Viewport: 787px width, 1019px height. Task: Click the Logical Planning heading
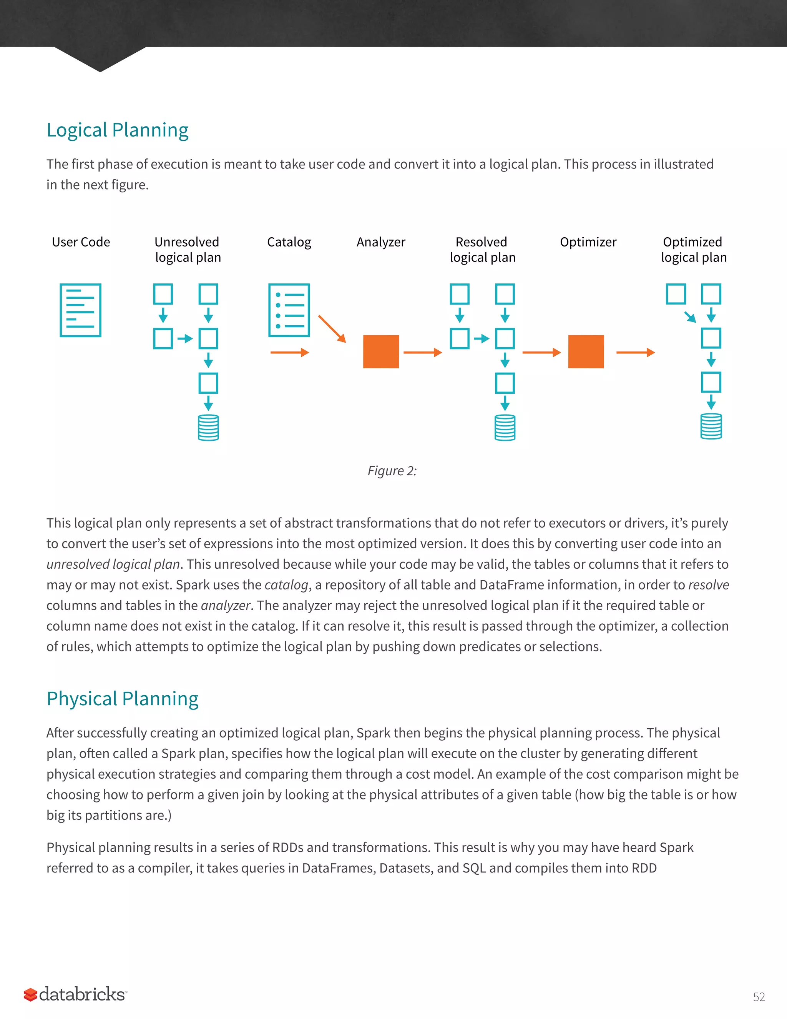118,130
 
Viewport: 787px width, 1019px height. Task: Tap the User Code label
81,242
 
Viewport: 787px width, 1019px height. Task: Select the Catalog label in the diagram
289,242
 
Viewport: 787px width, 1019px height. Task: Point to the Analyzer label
381,242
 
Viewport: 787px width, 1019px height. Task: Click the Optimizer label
588,242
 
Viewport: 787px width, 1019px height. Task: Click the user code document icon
81,310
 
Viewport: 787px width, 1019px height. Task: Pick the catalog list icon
289,310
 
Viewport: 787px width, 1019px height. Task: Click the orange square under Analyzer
381,352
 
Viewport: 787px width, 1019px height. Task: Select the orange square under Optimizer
586,352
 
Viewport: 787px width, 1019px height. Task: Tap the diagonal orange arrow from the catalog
332,329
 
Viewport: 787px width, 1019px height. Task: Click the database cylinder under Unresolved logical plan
208,427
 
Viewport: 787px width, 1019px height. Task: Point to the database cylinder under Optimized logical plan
711,426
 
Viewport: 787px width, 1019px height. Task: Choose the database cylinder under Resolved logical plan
505,427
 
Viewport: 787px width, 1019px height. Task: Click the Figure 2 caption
392,471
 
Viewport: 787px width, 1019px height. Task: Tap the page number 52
759,997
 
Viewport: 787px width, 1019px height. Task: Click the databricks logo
76,994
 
